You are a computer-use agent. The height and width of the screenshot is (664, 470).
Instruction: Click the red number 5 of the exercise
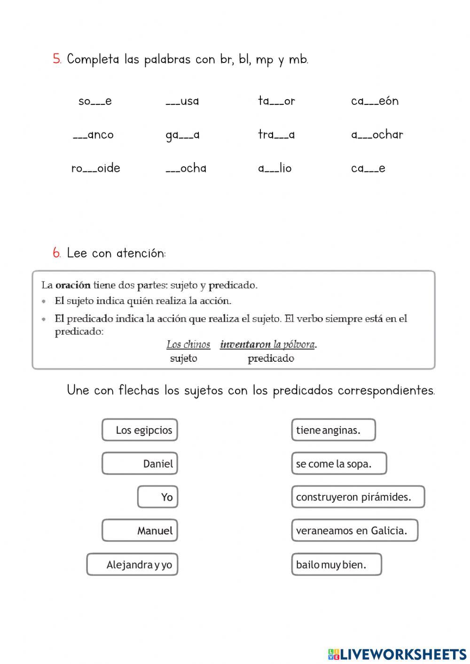point(57,59)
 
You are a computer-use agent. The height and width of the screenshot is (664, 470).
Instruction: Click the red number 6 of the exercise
point(57,253)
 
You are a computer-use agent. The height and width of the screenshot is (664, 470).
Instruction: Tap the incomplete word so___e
point(95,101)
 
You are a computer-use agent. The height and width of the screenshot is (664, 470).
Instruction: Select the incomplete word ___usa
point(182,101)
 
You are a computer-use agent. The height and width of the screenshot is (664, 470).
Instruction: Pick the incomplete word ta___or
point(276,101)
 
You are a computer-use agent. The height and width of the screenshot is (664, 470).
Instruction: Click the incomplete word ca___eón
point(375,101)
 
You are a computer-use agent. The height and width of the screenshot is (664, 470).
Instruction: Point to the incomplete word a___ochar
point(377,135)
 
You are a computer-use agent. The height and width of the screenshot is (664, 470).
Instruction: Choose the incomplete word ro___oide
point(96,168)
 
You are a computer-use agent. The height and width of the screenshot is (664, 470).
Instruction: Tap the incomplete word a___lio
point(275,168)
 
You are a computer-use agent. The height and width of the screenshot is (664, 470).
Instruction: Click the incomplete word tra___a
point(276,135)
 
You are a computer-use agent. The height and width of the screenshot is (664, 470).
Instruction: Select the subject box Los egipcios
point(140,430)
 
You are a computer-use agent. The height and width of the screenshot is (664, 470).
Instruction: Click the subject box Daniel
point(140,464)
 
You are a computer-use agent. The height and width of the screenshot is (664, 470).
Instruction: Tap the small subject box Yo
point(157,497)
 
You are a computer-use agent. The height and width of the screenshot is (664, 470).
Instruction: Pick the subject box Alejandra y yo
point(132,564)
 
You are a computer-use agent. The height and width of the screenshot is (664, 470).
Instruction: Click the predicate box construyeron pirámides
point(358,497)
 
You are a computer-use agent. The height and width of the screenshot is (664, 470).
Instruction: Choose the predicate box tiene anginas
point(333,430)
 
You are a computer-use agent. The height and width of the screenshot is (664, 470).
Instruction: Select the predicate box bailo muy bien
point(336,564)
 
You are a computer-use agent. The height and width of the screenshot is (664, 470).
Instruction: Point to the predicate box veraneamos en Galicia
point(354,531)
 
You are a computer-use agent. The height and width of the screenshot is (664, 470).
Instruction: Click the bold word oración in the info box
point(73,285)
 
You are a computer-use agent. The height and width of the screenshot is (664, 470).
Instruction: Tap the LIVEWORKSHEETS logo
point(397,654)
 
